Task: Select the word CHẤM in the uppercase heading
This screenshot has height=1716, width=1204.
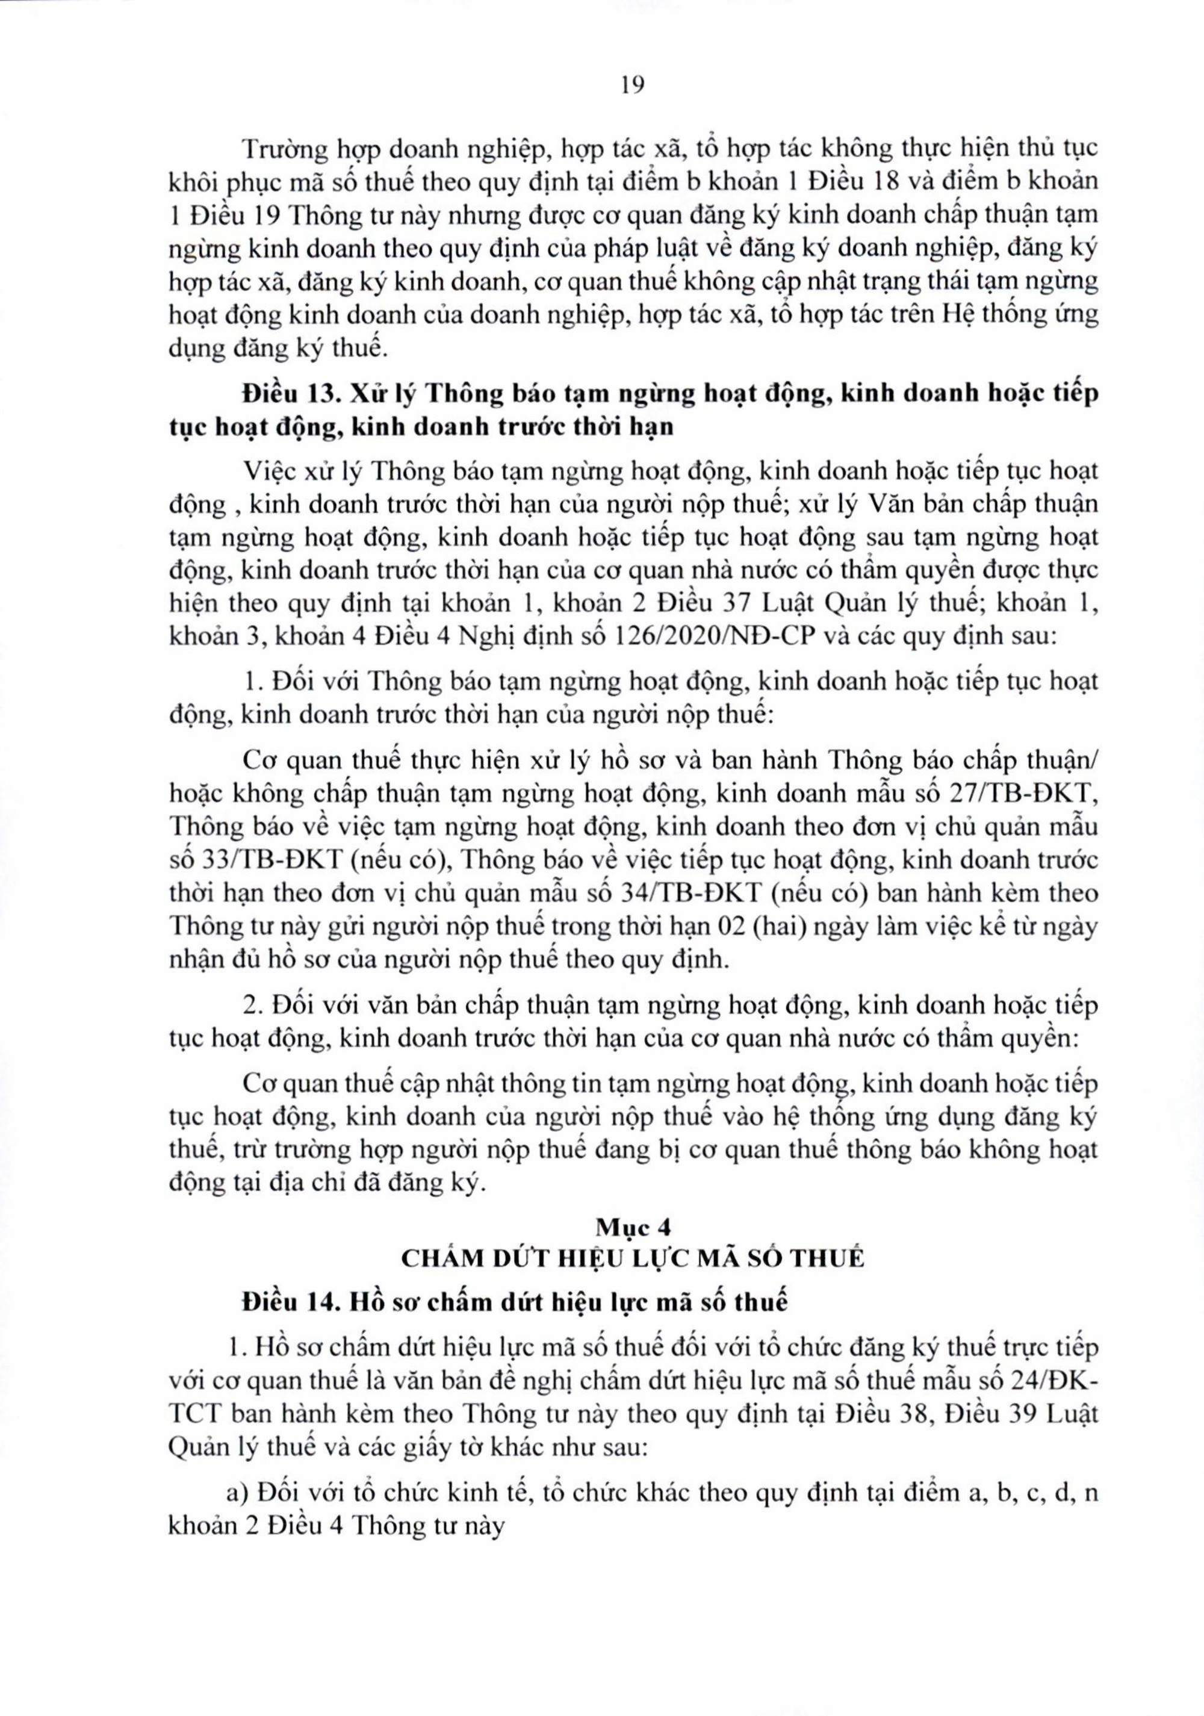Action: click(x=437, y=1258)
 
